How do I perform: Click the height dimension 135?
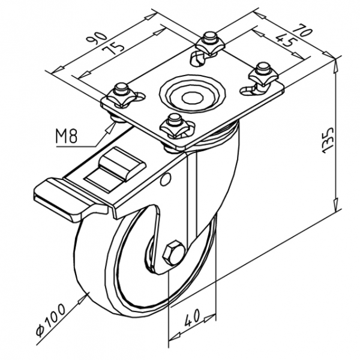pos(344,140)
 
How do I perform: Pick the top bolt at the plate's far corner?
pos(208,40)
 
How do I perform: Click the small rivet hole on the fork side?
pos(167,178)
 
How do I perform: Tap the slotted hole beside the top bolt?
pos(197,59)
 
